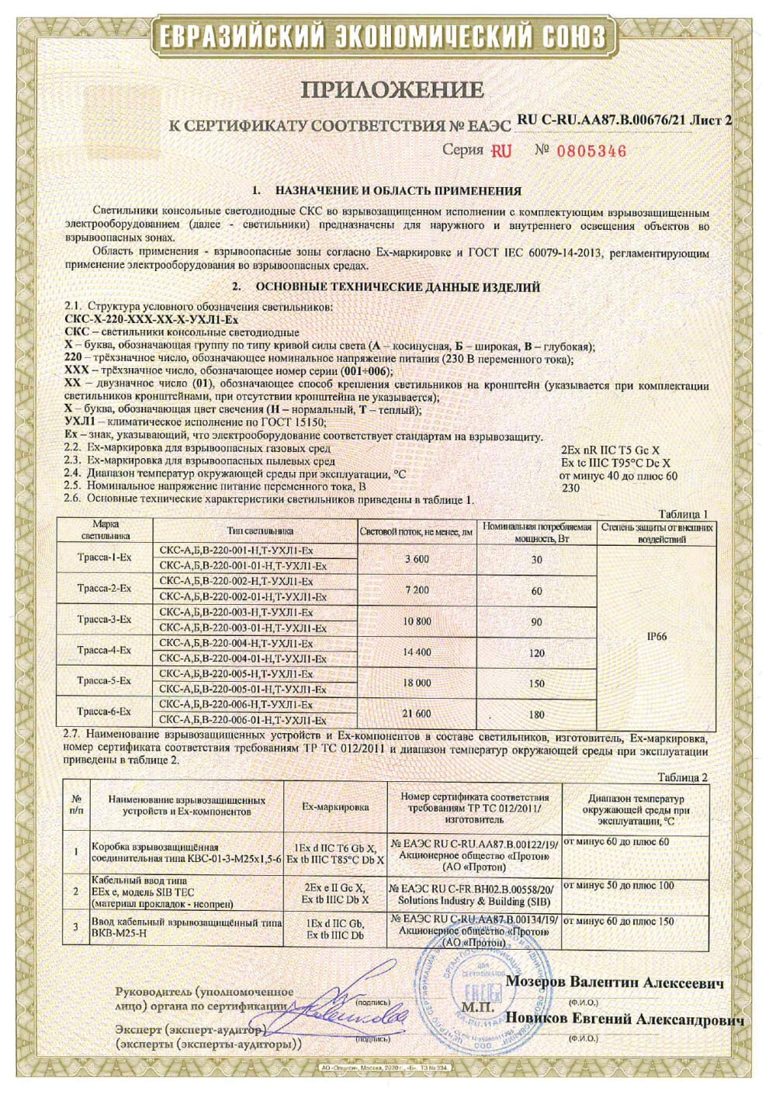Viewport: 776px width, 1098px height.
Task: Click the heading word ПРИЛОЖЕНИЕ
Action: coord(392,90)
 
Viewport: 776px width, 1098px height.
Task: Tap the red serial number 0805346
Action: coord(591,151)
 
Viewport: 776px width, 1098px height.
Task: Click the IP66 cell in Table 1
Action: coord(656,637)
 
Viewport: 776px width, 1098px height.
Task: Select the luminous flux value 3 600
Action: coord(417,559)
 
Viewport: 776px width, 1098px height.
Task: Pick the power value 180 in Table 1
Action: coord(536,714)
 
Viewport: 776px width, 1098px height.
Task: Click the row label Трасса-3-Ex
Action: coord(105,620)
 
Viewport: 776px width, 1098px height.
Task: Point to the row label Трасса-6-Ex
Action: coord(105,711)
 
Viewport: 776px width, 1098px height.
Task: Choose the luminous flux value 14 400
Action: coord(417,652)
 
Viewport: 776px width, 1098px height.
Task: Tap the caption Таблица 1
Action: coord(683,514)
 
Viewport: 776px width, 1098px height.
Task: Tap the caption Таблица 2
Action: coord(683,777)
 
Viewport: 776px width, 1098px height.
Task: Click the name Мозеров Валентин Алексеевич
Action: coord(615,983)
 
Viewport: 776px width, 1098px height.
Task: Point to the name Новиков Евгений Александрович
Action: coord(625,1020)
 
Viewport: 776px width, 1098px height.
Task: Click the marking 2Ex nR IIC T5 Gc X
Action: coord(609,449)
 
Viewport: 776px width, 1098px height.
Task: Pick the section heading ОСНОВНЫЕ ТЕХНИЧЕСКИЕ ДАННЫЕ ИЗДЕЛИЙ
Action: coord(397,287)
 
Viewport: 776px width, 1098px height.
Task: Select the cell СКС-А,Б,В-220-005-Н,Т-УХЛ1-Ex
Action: coord(236,674)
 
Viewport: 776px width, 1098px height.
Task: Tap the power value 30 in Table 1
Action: coord(536,559)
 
